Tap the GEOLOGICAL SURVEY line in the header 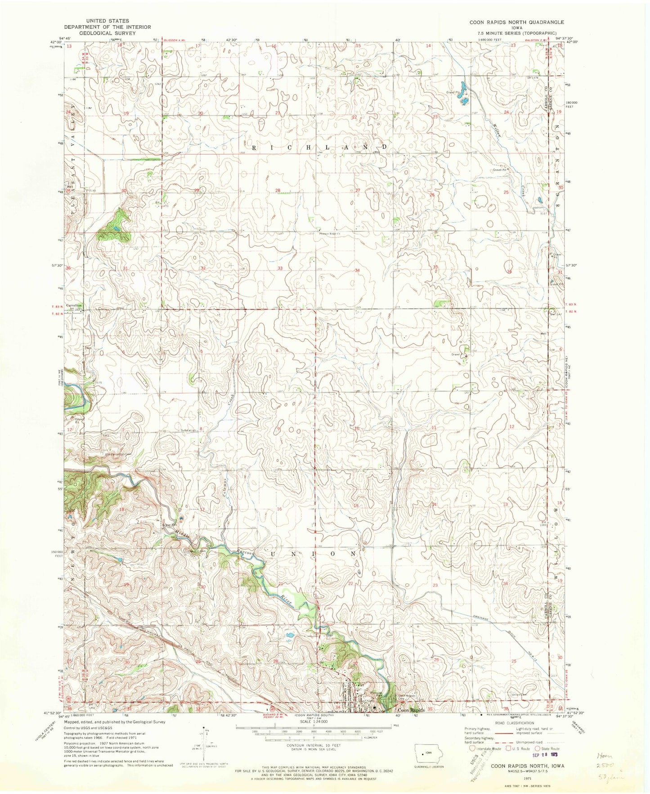(104, 33)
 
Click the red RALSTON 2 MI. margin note (537, 40)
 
